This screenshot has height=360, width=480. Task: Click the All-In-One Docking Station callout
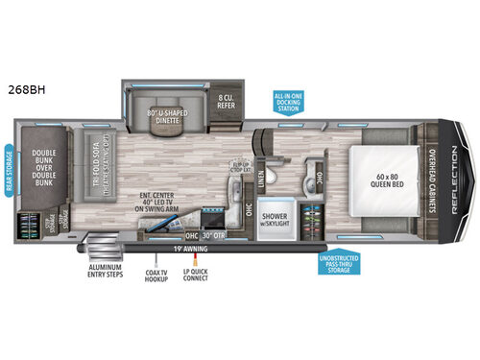point(288,103)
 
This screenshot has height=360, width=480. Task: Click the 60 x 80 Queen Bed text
point(375,179)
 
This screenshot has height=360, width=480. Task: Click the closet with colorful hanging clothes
point(310,217)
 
